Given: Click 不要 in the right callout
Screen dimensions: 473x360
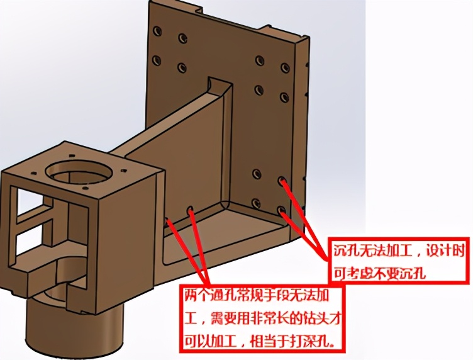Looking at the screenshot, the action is click(x=387, y=273).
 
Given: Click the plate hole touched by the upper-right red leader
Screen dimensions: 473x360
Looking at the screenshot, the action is click(x=282, y=181).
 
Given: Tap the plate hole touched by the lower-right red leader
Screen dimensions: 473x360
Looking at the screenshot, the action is click(x=282, y=210).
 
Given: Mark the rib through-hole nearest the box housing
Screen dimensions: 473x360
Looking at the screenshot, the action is click(x=166, y=220).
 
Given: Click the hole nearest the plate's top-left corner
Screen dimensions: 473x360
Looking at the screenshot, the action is click(x=157, y=31).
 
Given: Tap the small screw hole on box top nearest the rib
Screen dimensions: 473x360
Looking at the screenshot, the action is click(x=123, y=171).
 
